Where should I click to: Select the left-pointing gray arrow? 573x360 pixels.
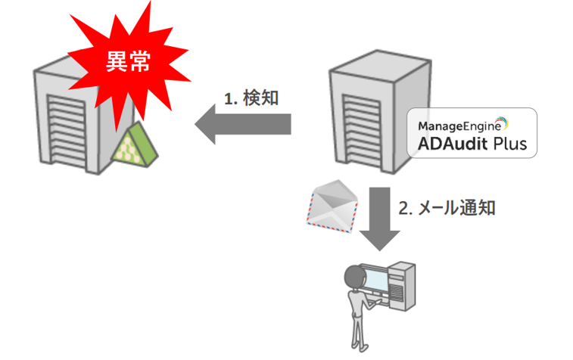point(242,123)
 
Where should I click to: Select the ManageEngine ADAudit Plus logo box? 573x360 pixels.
point(472,133)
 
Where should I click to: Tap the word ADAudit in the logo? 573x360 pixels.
point(451,143)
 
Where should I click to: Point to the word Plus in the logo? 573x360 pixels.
point(510,143)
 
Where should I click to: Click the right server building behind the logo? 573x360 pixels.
point(363,113)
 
